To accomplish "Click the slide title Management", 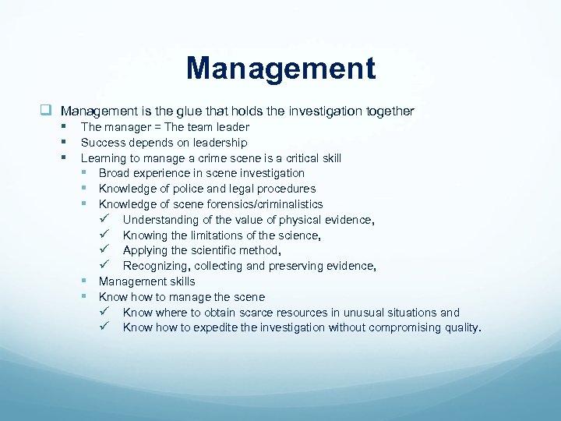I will (280, 68).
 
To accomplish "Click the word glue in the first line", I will (216, 111).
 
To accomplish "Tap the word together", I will (386, 111).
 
